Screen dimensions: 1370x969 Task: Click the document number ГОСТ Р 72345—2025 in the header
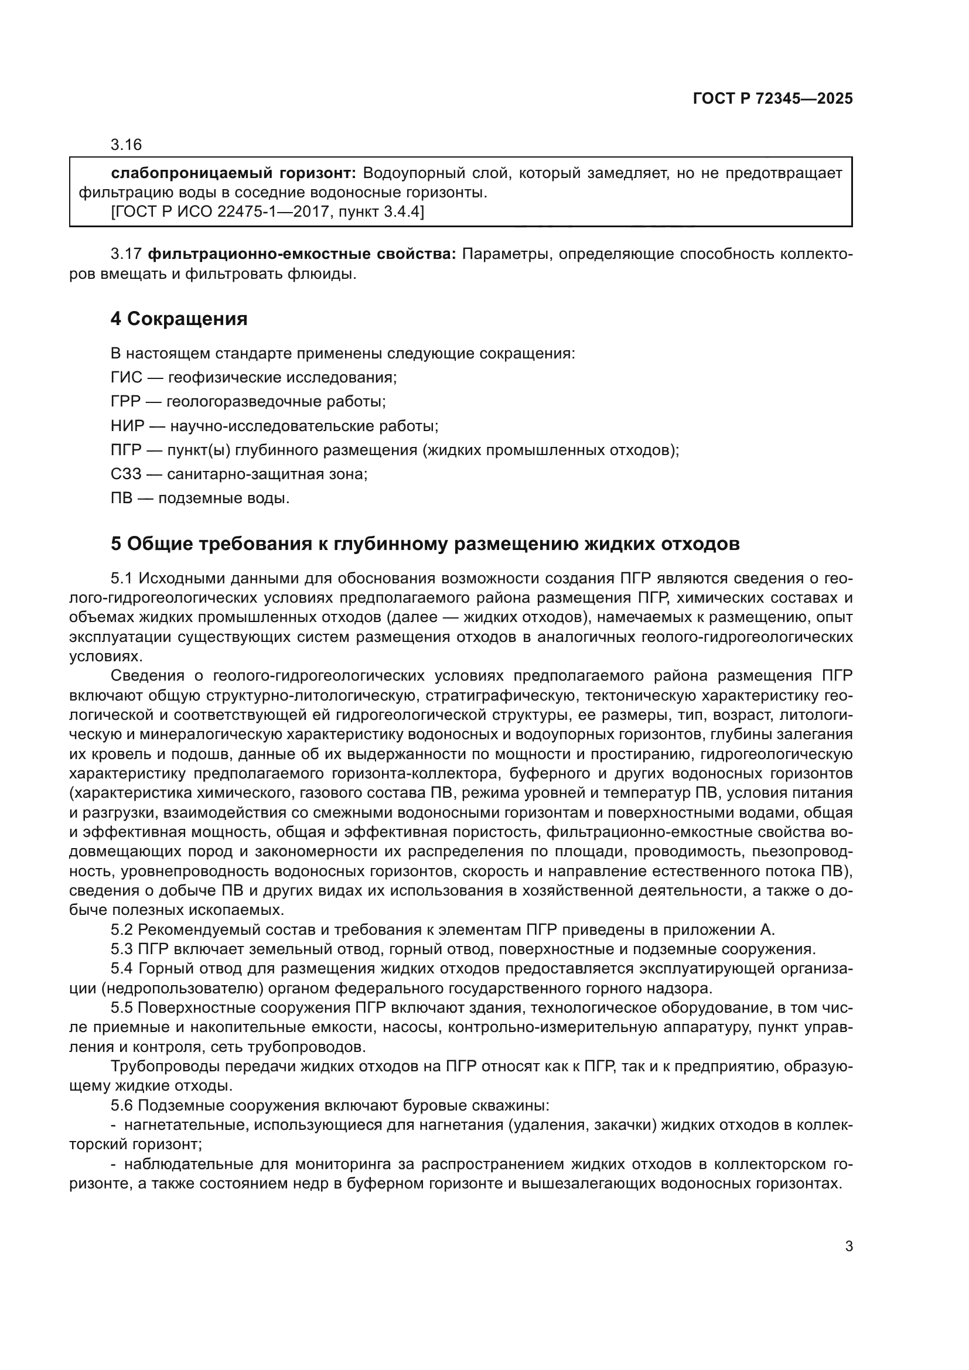point(773,99)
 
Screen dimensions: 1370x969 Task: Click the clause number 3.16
point(126,145)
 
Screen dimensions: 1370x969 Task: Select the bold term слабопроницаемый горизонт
point(233,173)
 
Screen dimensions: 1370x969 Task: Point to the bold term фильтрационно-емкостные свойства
point(301,254)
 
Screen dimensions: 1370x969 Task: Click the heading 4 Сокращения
point(179,319)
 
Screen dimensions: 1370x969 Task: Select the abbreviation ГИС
point(127,378)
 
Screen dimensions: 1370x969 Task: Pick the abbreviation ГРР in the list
point(127,402)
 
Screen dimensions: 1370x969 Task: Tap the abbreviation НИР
point(128,426)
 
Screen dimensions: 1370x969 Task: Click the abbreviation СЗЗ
point(127,474)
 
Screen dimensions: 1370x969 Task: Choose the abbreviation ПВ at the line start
point(121,498)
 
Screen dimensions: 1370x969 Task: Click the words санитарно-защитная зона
point(266,474)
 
